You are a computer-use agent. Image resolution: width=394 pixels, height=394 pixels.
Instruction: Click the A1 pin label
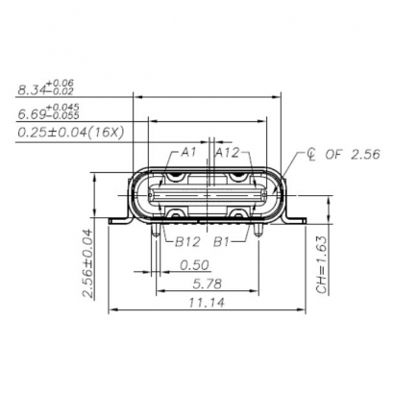point(187,152)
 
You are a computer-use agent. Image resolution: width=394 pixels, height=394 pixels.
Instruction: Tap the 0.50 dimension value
point(195,263)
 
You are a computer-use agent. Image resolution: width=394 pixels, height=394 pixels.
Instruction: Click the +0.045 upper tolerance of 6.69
point(62,106)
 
